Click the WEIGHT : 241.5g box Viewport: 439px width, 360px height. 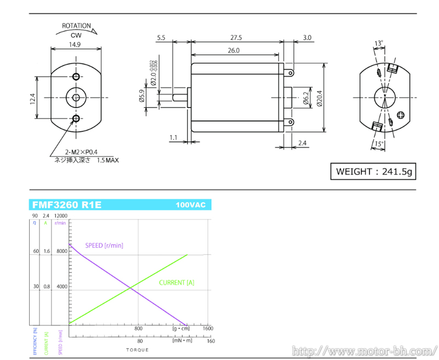coord(373,172)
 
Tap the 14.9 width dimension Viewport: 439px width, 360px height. coord(76,44)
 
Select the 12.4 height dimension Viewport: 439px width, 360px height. coord(32,99)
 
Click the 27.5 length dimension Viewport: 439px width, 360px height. coord(237,38)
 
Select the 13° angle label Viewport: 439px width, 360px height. coord(379,43)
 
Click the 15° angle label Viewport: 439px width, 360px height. coord(378,144)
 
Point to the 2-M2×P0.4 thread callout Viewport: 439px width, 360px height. coord(81,152)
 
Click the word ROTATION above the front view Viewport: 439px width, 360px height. coord(76,26)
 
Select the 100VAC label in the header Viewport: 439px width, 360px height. coord(190,205)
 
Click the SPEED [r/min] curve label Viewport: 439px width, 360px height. coord(104,245)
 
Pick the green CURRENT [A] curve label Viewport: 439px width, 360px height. coord(176,283)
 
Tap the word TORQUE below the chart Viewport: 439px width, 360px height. coord(137,350)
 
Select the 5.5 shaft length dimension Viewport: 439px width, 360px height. coord(161,38)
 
